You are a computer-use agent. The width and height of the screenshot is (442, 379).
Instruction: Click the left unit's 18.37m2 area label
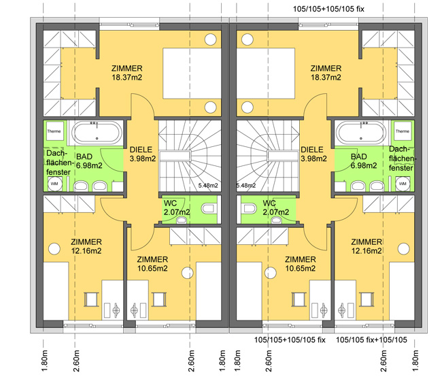(x=127, y=78)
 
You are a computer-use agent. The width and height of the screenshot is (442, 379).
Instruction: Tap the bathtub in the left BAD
(x=97, y=133)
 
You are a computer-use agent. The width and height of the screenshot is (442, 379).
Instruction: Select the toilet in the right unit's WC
(x=249, y=209)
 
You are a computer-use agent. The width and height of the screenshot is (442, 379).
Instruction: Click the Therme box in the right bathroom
(x=403, y=131)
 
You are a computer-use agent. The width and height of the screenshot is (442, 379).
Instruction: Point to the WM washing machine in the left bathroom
(x=54, y=184)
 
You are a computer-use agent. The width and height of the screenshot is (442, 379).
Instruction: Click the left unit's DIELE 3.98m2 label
(x=142, y=154)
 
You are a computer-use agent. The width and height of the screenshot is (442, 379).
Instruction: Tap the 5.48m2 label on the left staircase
(x=208, y=185)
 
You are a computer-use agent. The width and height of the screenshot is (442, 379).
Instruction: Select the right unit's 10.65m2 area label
(x=300, y=268)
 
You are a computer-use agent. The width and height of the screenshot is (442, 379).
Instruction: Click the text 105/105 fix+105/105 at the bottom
(x=371, y=340)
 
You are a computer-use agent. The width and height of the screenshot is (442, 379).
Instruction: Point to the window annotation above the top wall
(x=328, y=9)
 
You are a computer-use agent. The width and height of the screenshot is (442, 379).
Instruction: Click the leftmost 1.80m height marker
(x=45, y=361)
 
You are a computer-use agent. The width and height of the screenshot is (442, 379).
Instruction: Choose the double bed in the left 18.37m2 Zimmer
(x=192, y=73)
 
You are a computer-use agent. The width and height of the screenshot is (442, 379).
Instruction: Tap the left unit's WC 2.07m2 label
(x=177, y=208)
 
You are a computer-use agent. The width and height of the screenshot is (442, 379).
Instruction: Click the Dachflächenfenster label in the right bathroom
(x=401, y=159)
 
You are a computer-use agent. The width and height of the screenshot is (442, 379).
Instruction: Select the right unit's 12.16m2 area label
(x=367, y=250)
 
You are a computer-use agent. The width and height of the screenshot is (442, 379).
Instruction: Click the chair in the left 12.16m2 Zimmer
(x=91, y=299)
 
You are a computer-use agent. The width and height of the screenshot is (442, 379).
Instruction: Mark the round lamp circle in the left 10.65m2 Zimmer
(x=188, y=273)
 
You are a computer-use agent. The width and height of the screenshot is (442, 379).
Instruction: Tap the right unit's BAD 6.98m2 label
(x=364, y=161)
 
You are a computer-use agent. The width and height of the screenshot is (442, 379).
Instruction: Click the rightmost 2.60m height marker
(x=384, y=361)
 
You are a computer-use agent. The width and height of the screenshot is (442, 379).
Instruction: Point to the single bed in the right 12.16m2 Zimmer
(x=402, y=291)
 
